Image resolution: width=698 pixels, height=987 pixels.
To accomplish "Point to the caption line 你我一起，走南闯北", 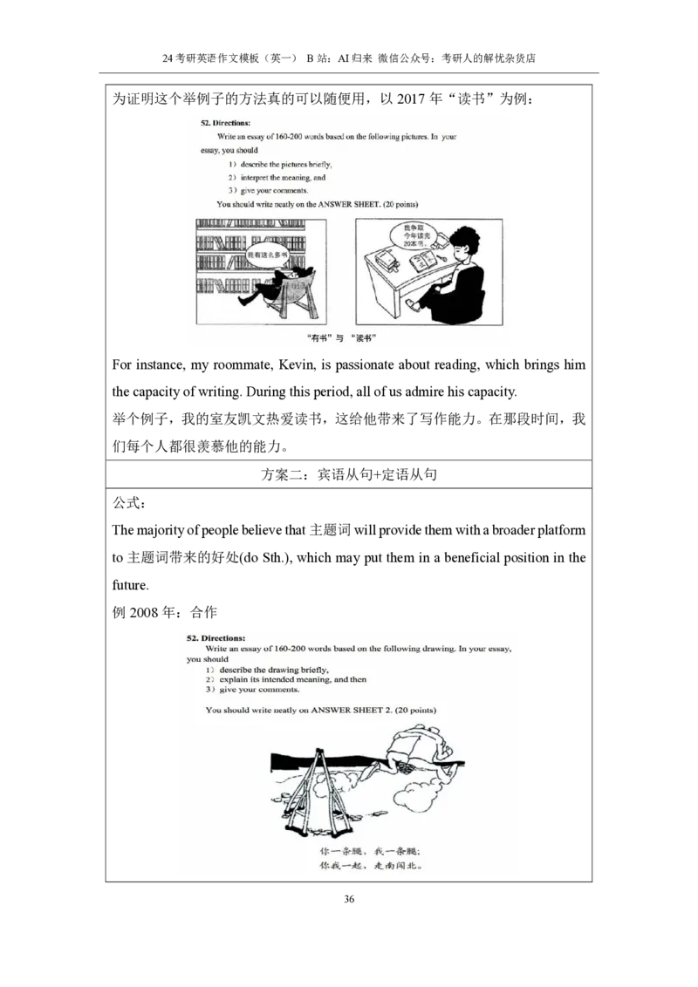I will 370,867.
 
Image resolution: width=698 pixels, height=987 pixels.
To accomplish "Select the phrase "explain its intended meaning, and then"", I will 292,679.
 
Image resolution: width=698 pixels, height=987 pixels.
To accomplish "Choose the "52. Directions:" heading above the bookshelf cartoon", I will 225,123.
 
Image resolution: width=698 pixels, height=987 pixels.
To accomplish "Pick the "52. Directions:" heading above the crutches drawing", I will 216,638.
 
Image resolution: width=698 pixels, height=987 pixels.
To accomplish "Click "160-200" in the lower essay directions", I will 291,649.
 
